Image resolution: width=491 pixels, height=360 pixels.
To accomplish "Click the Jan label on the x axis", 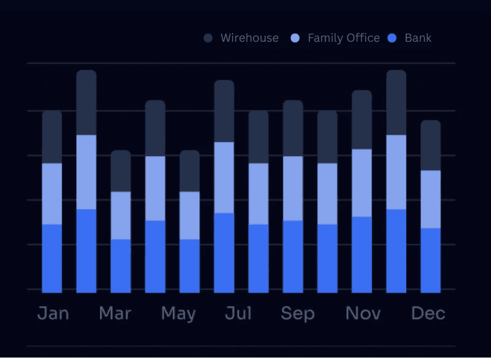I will pyautogui.click(x=53, y=313).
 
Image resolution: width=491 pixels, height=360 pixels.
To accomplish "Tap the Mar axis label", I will pyautogui.click(x=115, y=313).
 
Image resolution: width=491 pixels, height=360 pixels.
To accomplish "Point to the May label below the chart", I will pyautogui.click(x=178, y=314).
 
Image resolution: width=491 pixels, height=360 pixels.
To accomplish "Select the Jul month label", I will pyautogui.click(x=238, y=313).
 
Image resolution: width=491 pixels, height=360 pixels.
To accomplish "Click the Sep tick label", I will pyautogui.click(x=298, y=313).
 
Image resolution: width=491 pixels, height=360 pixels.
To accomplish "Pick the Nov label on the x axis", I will pyautogui.click(x=363, y=313).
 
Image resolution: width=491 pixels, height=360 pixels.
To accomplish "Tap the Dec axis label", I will pyautogui.click(x=428, y=313).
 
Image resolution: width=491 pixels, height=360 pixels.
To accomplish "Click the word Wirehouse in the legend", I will pyautogui.click(x=249, y=38).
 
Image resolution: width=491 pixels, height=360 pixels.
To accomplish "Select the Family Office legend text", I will pyautogui.click(x=344, y=38).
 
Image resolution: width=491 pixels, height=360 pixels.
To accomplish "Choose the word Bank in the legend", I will pyautogui.click(x=418, y=38).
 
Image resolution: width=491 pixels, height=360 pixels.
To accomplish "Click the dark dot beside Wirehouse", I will pyautogui.click(x=208, y=38).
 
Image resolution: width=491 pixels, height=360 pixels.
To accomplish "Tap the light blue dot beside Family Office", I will pyautogui.click(x=295, y=38).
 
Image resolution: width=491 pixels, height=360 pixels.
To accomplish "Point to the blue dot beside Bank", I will pyautogui.click(x=392, y=38).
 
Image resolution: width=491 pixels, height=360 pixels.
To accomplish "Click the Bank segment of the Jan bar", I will pyautogui.click(x=52, y=258).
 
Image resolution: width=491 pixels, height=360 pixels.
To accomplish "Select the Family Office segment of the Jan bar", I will pyautogui.click(x=52, y=194).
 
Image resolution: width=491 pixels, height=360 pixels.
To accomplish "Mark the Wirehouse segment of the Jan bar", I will pyautogui.click(x=52, y=137).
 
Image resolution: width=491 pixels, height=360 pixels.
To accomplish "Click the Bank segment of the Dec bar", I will pyautogui.click(x=430, y=260).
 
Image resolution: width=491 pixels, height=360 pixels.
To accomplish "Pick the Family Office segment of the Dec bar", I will pyautogui.click(x=430, y=199).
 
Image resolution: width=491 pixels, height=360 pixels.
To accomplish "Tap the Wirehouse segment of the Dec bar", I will pyautogui.click(x=430, y=145).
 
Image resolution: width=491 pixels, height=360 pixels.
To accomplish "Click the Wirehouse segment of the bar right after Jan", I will pyautogui.click(x=87, y=103).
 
